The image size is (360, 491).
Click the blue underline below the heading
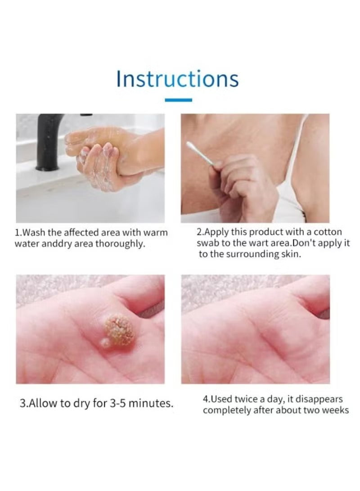click(178, 100)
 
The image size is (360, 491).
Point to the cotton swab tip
click(190, 144)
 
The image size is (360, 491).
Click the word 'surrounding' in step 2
click(252, 254)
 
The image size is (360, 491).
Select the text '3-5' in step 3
click(118, 403)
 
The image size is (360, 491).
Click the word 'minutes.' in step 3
click(151, 403)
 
